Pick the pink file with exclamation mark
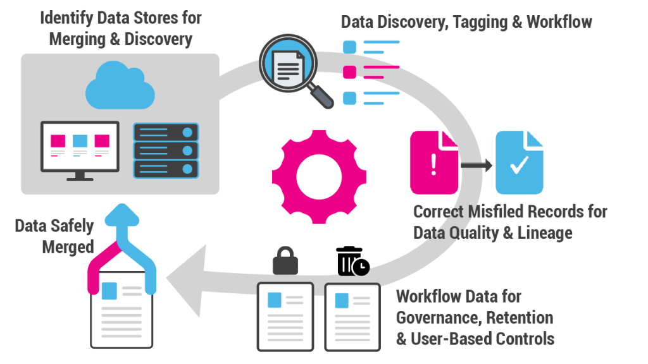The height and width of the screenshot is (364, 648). pyautogui.click(x=434, y=162)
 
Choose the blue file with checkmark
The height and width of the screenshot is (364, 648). pyautogui.click(x=520, y=162)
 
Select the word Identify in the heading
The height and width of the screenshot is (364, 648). pyautogui.click(x=66, y=18)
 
